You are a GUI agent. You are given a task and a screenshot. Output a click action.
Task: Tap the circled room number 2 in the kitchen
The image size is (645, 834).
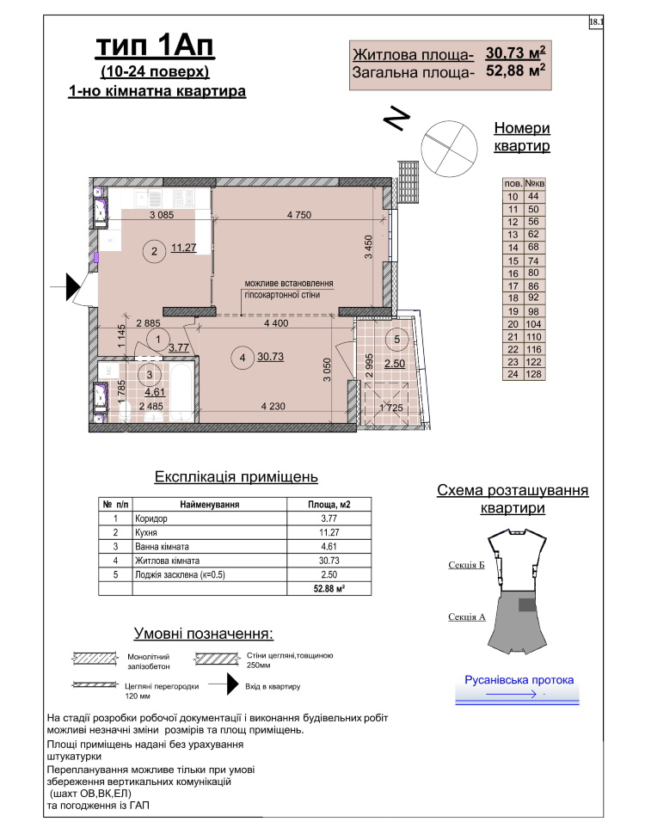[154, 251]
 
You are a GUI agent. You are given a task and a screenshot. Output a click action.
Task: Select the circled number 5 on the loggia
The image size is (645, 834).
[396, 339]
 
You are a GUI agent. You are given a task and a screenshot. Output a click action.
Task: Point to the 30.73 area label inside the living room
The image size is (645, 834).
[271, 358]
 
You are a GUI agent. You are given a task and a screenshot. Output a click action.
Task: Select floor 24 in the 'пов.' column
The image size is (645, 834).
[513, 375]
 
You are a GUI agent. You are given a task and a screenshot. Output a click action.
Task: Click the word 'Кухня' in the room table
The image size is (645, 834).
[150, 533]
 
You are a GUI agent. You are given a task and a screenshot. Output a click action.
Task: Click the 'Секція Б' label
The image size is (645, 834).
[467, 565]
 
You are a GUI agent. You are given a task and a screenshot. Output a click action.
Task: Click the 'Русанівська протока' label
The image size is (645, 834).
[519, 679]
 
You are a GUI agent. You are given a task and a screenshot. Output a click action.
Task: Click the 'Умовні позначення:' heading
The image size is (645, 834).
[203, 634]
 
